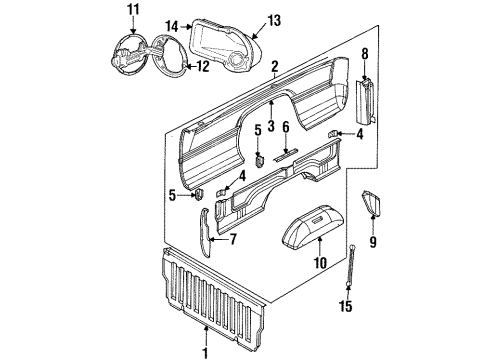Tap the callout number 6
click(285, 127)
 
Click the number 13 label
click(273, 19)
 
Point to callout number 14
click(173, 26)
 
